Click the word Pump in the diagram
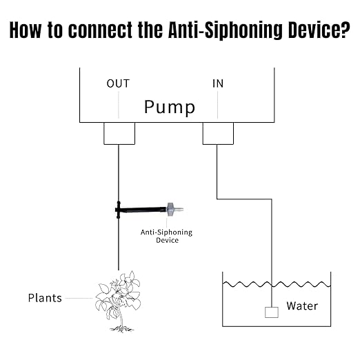coord(169,107)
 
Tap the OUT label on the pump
coord(118,84)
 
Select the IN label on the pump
coord(217,84)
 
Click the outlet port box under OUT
coord(119,133)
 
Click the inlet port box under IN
coord(218,133)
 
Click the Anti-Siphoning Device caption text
coord(166,236)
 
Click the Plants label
coord(45,299)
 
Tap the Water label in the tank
coord(302,306)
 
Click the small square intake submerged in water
coord(271,312)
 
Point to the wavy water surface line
coord(276,283)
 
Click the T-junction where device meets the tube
coord(119,206)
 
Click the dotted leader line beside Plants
coord(79,299)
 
